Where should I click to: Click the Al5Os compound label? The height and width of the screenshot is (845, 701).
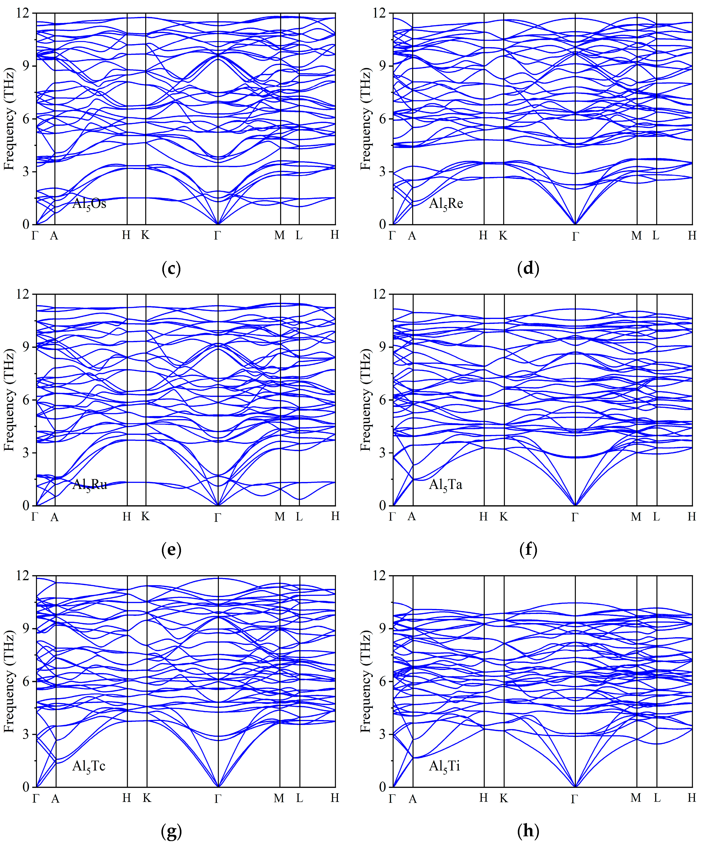(x=89, y=204)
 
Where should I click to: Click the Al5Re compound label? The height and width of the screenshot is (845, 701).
(x=446, y=204)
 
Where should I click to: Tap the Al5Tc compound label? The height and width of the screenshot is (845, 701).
(x=89, y=766)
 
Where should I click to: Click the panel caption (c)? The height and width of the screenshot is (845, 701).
(x=171, y=268)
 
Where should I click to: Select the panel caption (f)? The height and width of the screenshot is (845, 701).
(x=528, y=549)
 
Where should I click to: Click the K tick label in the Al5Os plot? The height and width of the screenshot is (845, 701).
(x=145, y=235)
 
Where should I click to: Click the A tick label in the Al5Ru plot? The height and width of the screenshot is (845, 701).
(x=54, y=517)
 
